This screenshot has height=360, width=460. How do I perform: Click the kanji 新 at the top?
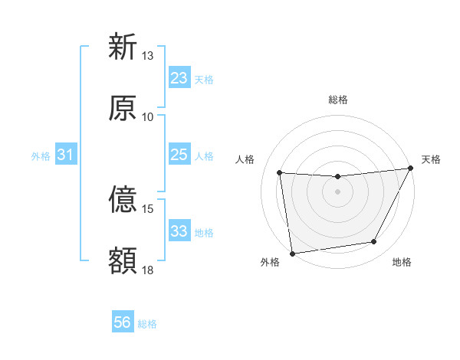click(123, 47)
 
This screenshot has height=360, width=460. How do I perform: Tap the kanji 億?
click(123, 200)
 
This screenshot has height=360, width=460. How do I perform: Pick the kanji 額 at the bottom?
click(123, 261)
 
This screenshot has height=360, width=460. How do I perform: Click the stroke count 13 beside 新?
click(148, 56)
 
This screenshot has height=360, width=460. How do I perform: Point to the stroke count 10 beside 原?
click(148, 116)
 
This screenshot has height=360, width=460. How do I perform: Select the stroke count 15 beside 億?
click(148, 208)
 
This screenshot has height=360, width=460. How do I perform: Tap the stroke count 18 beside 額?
click(148, 270)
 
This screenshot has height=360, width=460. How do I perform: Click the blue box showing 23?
click(179, 78)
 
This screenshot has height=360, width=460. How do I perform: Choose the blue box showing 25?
click(179, 155)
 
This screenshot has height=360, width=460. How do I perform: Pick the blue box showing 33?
click(179, 231)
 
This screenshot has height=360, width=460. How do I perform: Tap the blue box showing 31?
click(66, 155)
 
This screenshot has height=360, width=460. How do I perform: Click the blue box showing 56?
click(123, 322)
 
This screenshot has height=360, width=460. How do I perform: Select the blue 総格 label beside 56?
click(147, 324)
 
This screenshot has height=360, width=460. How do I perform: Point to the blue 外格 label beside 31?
click(41, 156)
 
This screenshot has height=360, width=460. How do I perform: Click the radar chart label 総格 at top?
click(338, 100)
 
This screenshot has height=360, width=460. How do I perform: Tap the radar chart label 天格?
click(431, 159)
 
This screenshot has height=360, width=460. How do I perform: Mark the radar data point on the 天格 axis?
click(412, 169)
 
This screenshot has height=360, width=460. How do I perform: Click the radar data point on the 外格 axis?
click(292, 253)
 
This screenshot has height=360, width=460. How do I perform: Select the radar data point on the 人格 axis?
click(280, 173)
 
